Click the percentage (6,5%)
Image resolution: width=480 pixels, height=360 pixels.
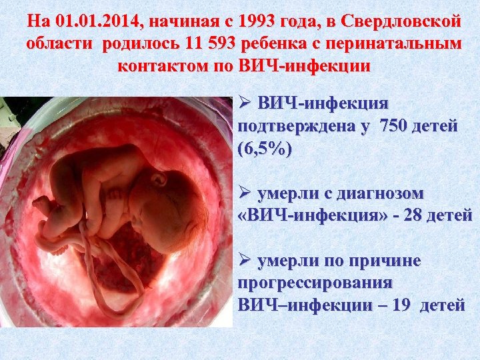265,149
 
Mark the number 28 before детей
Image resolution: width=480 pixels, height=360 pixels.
421,216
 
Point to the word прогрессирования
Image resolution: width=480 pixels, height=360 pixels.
315,283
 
